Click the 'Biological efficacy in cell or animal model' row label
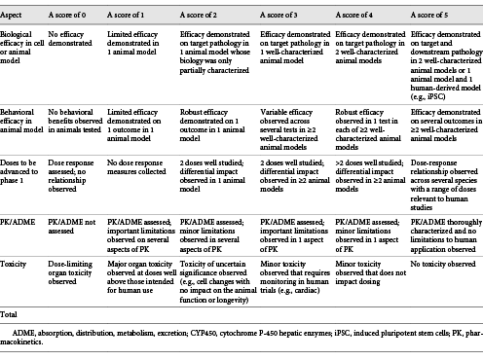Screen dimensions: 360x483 (24, 48)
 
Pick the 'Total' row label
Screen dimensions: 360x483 (14, 315)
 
